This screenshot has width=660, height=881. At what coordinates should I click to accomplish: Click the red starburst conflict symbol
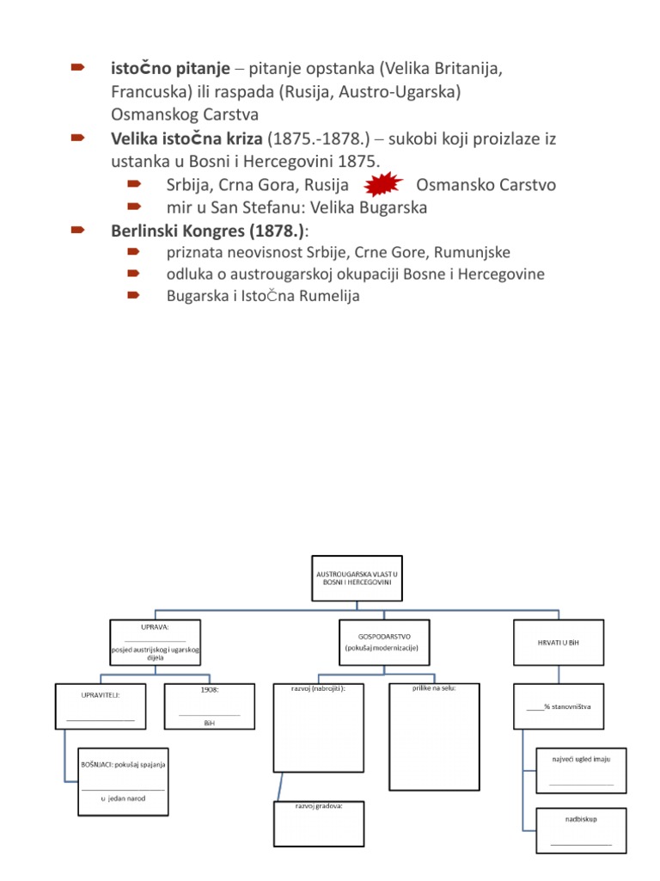click(x=384, y=184)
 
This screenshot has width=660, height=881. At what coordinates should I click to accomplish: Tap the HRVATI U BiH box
click(x=559, y=642)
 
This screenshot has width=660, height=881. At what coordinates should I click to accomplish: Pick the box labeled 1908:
click(x=209, y=706)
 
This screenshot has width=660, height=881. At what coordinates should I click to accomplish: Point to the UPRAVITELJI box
click(x=101, y=706)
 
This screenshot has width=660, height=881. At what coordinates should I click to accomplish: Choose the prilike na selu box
click(x=432, y=736)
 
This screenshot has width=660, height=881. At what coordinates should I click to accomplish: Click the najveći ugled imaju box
click(x=581, y=770)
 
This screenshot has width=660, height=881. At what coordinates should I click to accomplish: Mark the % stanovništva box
click(x=559, y=706)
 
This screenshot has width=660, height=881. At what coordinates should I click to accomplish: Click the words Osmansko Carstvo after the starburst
click(x=486, y=185)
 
